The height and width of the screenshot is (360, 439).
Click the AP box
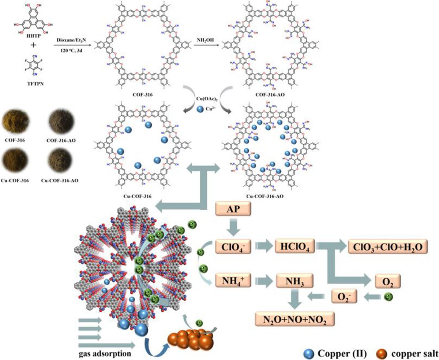coord(234,210)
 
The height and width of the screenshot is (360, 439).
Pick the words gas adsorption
coord(101,354)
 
